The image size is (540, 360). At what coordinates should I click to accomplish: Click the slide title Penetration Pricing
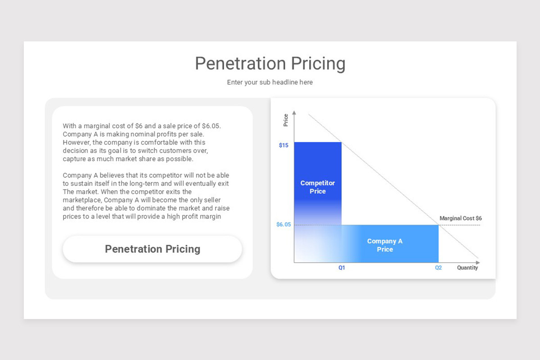(270, 63)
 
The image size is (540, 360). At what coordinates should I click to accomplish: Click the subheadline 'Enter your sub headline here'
(270, 82)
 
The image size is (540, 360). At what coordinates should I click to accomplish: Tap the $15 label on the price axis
(283, 145)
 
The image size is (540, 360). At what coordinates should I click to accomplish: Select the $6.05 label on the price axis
(283, 225)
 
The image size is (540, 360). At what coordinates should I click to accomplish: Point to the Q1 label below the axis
(342, 268)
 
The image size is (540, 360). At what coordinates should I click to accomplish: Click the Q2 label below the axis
(438, 268)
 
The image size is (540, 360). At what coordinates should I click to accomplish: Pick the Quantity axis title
(468, 268)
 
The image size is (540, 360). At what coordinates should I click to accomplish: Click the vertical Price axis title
(286, 120)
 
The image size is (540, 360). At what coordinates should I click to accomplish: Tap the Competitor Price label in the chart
(318, 187)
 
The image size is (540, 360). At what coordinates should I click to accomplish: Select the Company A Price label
(385, 245)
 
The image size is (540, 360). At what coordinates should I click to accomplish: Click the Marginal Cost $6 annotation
(460, 218)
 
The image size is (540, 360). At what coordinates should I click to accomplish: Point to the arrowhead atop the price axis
(294, 112)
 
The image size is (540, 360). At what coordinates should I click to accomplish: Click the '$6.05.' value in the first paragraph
(211, 126)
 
